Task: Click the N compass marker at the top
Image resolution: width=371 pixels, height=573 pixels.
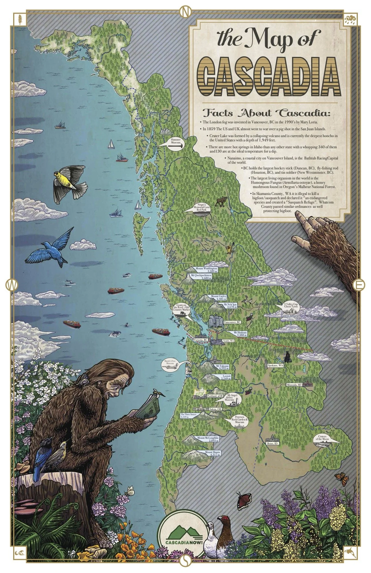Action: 185,11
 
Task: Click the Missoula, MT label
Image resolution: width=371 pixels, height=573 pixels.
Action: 295,385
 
